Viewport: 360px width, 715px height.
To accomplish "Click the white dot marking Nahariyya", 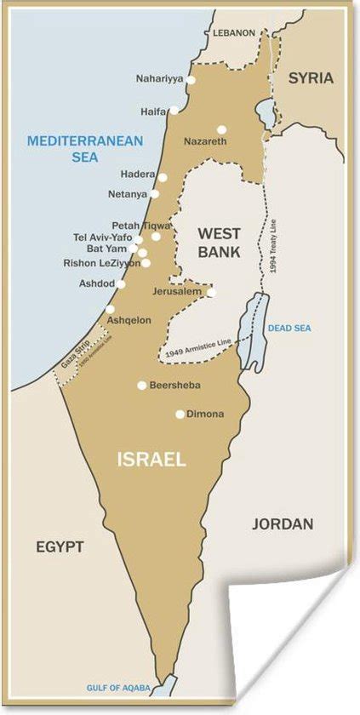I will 191,80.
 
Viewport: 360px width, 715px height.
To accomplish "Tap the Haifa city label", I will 153,112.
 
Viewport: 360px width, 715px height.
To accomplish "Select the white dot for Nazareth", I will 221,130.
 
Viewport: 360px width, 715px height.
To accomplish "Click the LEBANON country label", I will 234,32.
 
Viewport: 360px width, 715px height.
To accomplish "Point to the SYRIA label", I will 311,78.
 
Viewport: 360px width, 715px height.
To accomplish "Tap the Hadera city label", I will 138,174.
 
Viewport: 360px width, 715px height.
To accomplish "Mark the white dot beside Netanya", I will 154,194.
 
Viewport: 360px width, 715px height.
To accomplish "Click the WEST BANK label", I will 219,242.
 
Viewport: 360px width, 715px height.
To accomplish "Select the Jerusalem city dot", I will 211,292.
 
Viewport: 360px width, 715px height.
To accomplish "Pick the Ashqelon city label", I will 127,320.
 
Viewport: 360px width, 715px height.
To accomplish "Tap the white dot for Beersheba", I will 142,385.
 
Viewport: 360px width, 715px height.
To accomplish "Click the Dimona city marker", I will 180,415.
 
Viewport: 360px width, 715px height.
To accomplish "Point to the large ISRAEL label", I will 151,460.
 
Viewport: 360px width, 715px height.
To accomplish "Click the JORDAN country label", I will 283,524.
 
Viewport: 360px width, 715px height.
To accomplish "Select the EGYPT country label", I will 60,547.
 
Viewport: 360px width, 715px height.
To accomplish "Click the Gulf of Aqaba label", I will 119,688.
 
